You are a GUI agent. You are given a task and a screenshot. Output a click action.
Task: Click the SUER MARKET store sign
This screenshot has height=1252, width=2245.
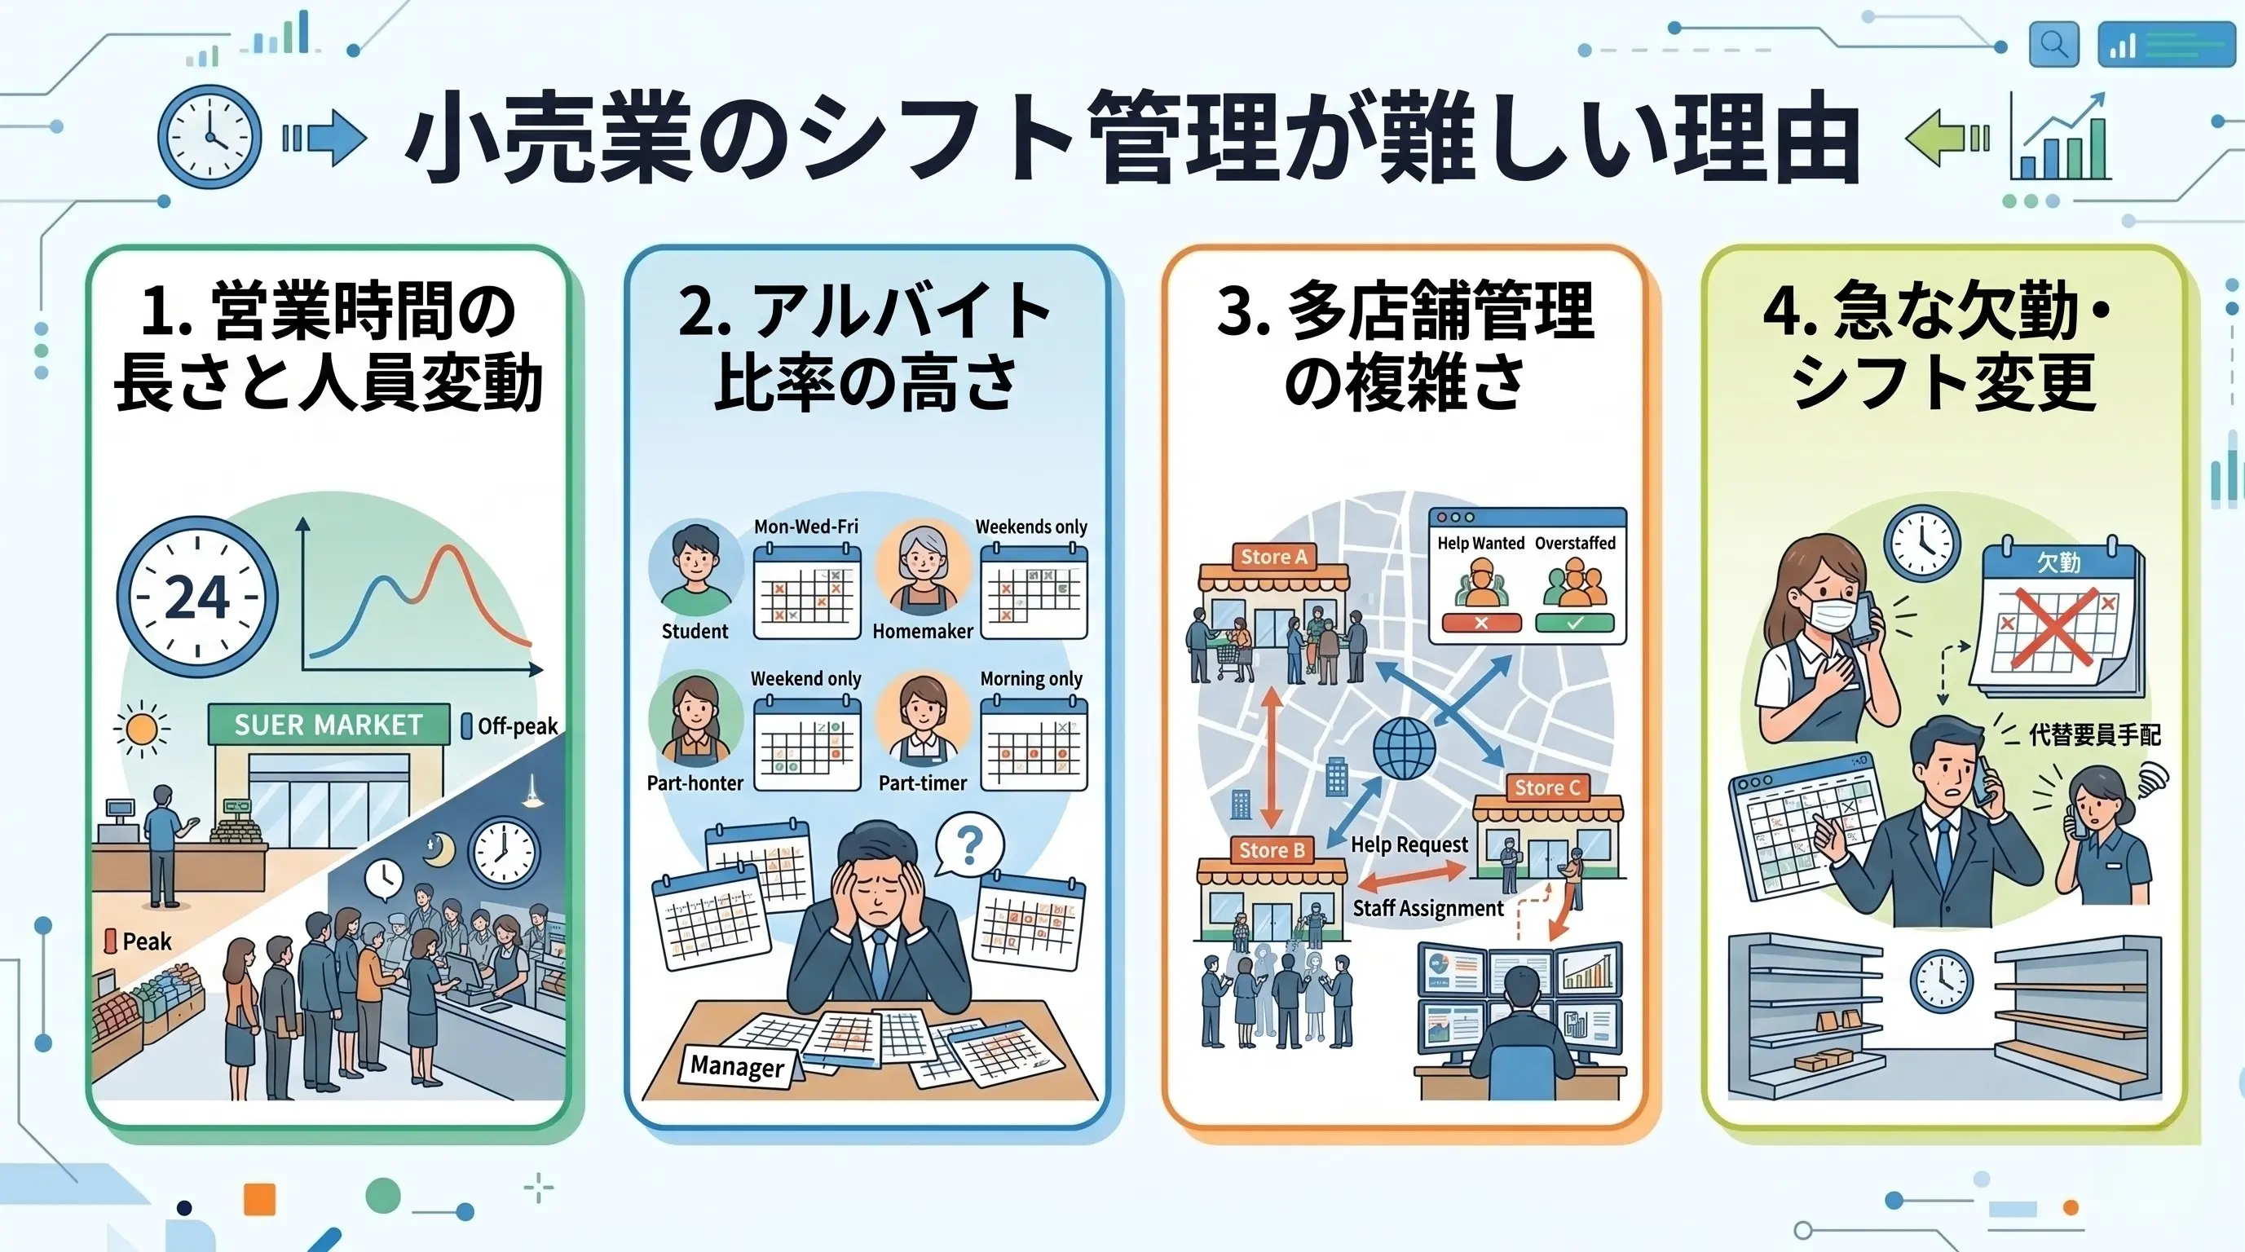pos(329,724)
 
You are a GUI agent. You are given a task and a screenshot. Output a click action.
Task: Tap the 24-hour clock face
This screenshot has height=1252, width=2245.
pos(197,597)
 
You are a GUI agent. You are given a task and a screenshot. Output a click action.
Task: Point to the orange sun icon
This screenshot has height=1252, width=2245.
pos(142,729)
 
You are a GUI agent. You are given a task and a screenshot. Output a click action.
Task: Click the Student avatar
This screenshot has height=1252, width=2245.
pos(695,567)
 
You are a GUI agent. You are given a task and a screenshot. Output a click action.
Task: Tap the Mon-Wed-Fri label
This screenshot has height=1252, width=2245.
pos(805,527)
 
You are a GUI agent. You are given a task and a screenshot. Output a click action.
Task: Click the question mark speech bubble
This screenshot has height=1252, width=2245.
pos(969,844)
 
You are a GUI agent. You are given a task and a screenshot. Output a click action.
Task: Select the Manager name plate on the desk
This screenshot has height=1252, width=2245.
pos(736,1065)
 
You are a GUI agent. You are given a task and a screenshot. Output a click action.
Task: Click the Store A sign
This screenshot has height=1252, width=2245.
pos(1273,557)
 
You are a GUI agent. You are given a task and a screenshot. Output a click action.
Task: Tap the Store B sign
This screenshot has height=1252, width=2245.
pos(1272,849)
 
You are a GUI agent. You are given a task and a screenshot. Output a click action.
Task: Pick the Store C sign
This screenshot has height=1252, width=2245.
pos(1547,787)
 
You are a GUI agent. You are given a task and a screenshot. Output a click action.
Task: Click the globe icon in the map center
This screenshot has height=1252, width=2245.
pos(1404,748)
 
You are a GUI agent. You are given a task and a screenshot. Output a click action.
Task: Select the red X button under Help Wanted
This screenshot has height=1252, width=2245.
pos(1480,623)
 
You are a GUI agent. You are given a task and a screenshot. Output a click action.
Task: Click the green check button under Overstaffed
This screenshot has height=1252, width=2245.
pos(1574,623)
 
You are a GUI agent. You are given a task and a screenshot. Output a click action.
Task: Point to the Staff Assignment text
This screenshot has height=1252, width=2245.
pos(1427,908)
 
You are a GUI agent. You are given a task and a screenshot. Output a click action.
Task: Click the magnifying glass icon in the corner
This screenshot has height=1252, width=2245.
pos(2053,43)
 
